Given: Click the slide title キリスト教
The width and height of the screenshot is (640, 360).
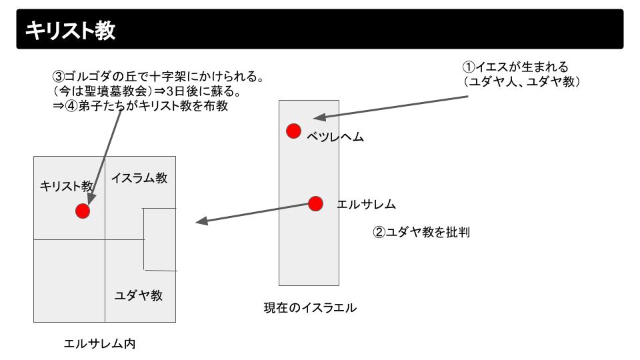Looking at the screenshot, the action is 70,30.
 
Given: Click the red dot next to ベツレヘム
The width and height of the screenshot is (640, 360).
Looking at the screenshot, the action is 293,131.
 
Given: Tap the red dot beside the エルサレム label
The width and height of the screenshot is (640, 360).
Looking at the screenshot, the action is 315,203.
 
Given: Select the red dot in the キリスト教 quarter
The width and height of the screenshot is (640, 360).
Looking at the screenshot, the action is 83,211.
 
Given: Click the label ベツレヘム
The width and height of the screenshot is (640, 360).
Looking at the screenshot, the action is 335,137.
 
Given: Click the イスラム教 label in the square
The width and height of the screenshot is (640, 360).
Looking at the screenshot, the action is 139,179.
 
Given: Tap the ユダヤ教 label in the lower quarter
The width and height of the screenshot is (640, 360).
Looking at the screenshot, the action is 139,295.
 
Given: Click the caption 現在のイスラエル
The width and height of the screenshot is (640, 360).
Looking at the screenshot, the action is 310,308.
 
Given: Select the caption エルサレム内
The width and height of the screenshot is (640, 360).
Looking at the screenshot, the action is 99,344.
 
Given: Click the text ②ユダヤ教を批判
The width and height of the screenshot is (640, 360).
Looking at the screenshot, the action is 421,233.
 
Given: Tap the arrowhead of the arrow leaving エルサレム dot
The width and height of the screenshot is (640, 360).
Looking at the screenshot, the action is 200,222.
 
